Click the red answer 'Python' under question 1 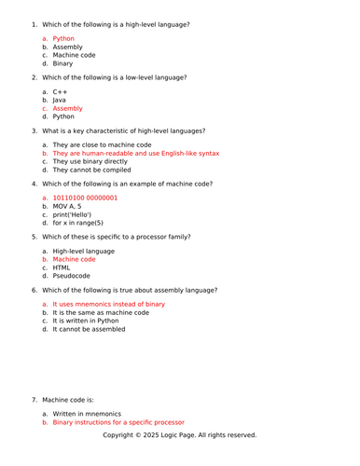tap(63, 39)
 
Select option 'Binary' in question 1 tap(63, 63)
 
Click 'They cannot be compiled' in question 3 tap(97, 171)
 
